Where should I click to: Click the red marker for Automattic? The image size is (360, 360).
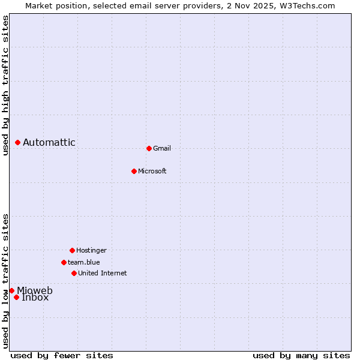pyautogui.click(x=18, y=142)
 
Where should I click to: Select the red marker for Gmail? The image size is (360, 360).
pyautogui.click(x=149, y=148)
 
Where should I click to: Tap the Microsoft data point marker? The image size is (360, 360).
pyautogui.click(x=134, y=171)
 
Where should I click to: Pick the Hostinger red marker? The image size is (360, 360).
pyautogui.click(x=72, y=250)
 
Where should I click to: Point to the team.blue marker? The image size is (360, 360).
pyautogui.click(x=64, y=262)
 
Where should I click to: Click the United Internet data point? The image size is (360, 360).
pyautogui.click(x=74, y=273)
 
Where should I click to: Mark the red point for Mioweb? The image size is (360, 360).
pyautogui.click(x=11, y=290)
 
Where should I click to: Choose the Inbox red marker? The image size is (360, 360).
pyautogui.click(x=16, y=297)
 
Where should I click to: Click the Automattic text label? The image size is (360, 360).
pyautogui.click(x=49, y=142)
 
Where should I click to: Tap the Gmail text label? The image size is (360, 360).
pyautogui.click(x=162, y=148)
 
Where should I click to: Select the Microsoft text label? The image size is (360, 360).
pyautogui.click(x=152, y=171)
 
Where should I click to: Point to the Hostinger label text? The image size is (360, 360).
pyautogui.click(x=91, y=250)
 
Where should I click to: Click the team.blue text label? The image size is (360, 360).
pyautogui.click(x=84, y=262)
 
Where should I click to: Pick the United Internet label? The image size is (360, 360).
pyautogui.click(x=103, y=273)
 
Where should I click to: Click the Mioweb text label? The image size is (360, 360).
pyautogui.click(x=35, y=291)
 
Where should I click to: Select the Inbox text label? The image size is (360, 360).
pyautogui.click(x=35, y=298)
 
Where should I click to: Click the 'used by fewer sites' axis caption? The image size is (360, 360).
pyautogui.click(x=62, y=355)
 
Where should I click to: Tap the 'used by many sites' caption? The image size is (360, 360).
pyautogui.click(x=301, y=355)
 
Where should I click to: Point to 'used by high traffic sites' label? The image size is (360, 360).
pyautogui.click(x=5, y=85)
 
